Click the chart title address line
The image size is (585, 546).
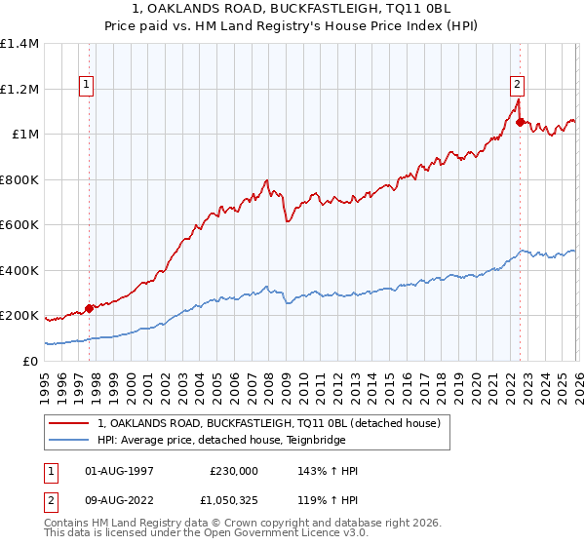pos(292,9)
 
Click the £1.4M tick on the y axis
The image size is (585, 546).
pos(19,44)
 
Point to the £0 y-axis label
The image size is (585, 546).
pos(31,361)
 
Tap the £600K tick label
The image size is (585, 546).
pos(19,225)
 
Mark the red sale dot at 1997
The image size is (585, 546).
pos(89,308)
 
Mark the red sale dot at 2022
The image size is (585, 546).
pos(520,122)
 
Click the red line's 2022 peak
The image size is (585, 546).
pos(518,98)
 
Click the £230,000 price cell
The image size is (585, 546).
pos(234,471)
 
